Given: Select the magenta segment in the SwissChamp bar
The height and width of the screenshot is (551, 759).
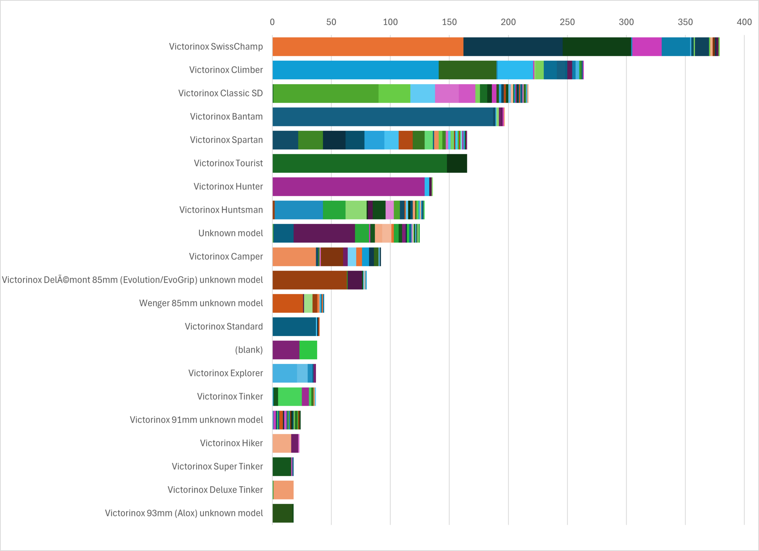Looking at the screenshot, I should (x=647, y=47).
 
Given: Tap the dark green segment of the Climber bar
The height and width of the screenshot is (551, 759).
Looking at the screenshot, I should (x=467, y=70).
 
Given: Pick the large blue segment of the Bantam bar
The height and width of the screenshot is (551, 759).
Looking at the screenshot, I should (x=384, y=117).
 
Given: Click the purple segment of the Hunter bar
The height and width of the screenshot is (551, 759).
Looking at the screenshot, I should (x=348, y=187).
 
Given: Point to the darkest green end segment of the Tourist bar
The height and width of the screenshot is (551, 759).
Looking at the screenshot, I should (x=457, y=163).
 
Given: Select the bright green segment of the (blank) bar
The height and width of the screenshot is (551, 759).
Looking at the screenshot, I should (x=308, y=350).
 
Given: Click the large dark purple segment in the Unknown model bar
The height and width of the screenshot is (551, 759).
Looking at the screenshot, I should (x=324, y=233).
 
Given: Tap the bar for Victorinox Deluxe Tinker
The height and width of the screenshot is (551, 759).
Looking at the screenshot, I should (x=284, y=490).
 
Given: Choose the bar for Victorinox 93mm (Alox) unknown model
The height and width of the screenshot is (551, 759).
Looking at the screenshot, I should (x=283, y=513).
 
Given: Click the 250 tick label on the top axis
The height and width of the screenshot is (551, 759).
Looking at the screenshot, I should (x=567, y=22).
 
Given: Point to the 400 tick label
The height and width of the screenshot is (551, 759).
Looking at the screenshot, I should (x=744, y=22).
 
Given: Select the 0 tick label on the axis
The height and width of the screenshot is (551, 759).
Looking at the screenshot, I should (x=272, y=22).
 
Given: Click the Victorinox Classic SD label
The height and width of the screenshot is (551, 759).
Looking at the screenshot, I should (x=221, y=93).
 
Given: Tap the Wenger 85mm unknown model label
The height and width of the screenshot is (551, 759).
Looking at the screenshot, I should (x=201, y=303).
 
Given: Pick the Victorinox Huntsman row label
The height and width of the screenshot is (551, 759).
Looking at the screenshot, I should (x=221, y=210).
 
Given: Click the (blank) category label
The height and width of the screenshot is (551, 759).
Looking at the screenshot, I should (x=249, y=350).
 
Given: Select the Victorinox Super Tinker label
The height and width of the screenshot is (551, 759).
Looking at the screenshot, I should (x=217, y=467).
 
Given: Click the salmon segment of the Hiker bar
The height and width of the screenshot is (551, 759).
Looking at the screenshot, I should (x=282, y=443).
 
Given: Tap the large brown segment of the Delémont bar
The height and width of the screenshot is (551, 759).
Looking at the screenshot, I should (x=309, y=280).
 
